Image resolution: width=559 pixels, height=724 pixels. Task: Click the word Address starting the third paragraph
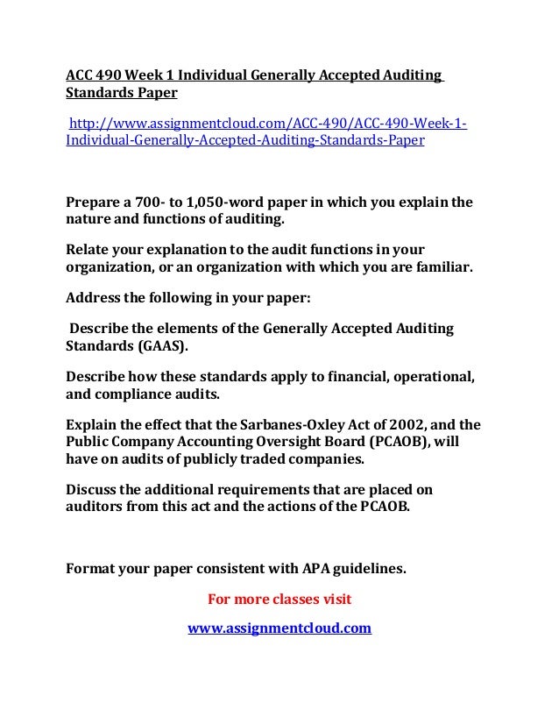pos(93,296)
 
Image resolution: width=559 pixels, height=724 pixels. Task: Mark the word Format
pos(91,568)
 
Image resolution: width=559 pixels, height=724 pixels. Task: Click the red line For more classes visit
pos(279,600)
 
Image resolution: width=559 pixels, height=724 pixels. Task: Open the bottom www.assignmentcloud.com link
pos(279,628)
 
